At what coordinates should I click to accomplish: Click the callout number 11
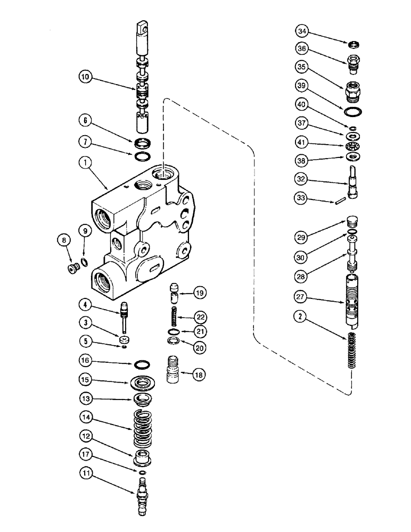click(x=87, y=471)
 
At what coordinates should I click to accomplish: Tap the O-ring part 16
click(x=141, y=365)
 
